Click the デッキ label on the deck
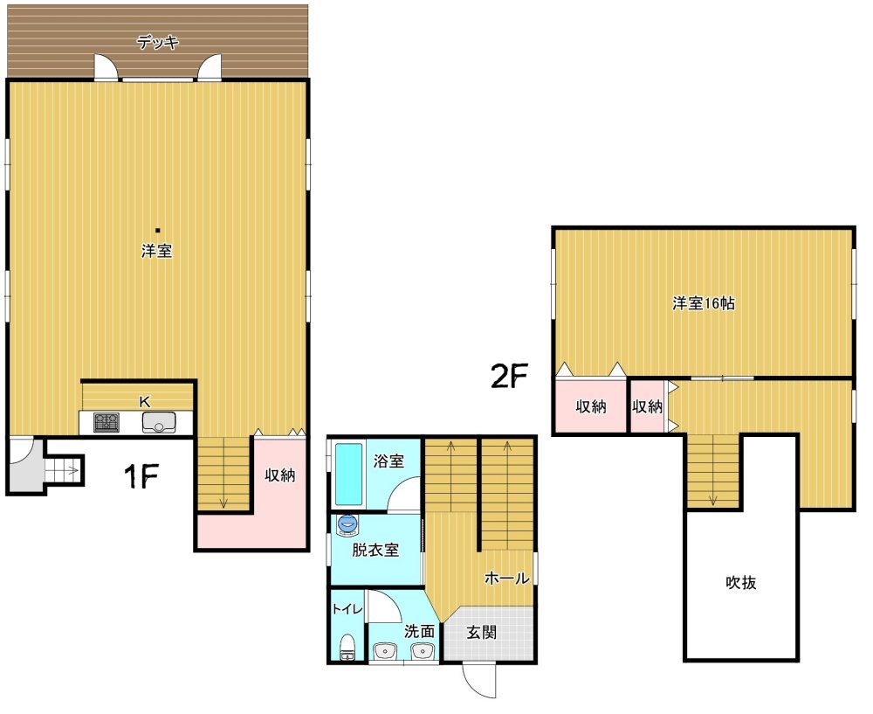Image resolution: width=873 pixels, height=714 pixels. coord(157,42)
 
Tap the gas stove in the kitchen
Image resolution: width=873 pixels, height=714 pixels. coord(107,422)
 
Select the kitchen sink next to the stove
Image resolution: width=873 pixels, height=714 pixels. coord(159,422)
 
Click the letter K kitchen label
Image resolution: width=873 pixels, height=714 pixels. coord(145,401)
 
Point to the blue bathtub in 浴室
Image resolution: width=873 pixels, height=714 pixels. coord(349,475)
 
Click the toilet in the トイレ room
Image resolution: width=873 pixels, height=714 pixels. coord(347,647)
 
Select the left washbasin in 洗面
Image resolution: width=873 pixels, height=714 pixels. coord(385,651)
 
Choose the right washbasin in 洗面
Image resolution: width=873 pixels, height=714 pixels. coord(422,651)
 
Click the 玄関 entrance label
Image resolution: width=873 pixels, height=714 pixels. coord(481,633)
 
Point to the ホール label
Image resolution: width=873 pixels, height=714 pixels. coord(506,578)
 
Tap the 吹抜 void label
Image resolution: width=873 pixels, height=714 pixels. coord(741,582)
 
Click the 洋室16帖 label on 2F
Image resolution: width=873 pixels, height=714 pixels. coord(704,303)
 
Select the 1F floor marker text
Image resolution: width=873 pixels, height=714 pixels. coord(141,476)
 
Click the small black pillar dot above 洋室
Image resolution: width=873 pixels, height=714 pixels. coord(158,230)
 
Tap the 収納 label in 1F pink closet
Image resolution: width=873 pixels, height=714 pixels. coord(280,475)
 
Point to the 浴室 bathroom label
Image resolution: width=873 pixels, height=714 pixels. coord(388,461)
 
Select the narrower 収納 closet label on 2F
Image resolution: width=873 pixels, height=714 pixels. coord(648,407)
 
